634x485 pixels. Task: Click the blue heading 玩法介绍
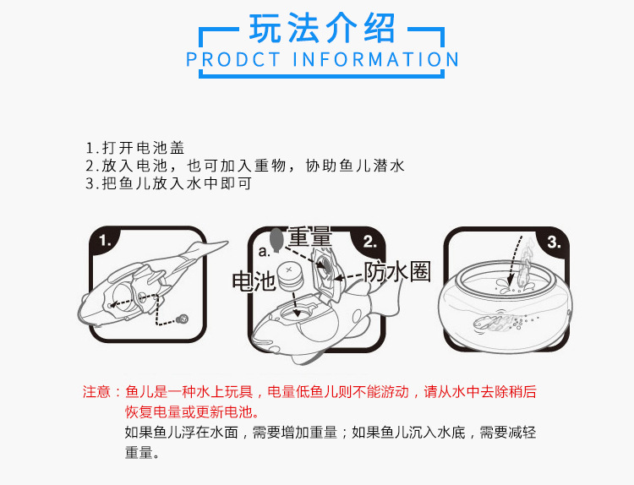(322, 28)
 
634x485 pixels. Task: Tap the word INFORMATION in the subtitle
(375, 59)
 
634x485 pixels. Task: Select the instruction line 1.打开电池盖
(135, 148)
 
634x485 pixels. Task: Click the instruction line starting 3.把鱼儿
(168, 183)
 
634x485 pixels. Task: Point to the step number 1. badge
(105, 241)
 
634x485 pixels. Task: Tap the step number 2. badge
(369, 242)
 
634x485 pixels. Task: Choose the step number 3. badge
(554, 242)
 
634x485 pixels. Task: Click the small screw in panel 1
(183, 319)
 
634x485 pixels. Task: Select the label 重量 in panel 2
(310, 237)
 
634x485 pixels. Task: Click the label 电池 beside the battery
(254, 281)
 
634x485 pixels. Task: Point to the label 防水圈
(397, 271)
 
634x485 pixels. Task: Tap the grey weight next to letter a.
(276, 239)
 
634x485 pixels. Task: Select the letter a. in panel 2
(264, 252)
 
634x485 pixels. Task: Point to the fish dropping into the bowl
(526, 262)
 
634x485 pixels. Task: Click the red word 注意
(96, 392)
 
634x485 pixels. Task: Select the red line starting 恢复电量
(192, 411)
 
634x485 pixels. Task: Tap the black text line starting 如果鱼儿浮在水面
(331, 433)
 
